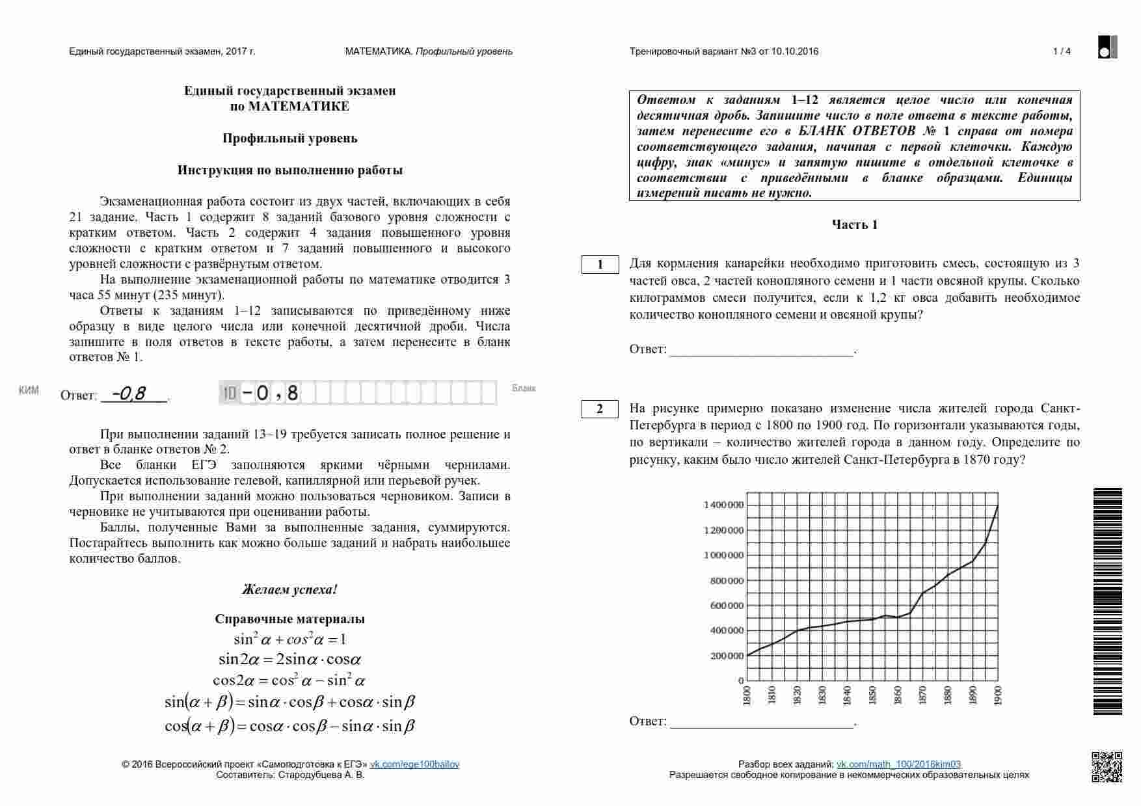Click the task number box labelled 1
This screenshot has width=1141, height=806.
[600, 265]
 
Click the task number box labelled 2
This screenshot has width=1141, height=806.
[600, 409]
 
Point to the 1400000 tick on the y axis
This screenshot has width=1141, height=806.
[723, 505]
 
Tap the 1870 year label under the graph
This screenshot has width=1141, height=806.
[923, 695]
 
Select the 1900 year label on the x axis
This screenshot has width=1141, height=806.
[999, 695]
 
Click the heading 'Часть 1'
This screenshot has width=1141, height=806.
[855, 225]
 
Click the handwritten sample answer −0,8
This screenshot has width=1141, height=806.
[128, 394]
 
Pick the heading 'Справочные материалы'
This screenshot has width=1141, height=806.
[289, 619]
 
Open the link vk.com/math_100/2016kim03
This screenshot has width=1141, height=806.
[898, 764]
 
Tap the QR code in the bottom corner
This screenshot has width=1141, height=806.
[1107, 767]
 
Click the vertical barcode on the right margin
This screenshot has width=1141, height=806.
[1107, 601]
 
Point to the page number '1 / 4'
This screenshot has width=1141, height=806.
[1062, 51]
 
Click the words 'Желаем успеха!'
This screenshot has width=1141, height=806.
[289, 590]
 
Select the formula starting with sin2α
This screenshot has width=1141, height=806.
[289, 660]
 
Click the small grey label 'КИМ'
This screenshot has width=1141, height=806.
[29, 390]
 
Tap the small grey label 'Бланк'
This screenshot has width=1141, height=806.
[524, 388]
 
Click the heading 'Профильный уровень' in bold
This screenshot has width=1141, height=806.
[289, 139]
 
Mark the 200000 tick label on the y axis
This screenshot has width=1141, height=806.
[726, 656]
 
